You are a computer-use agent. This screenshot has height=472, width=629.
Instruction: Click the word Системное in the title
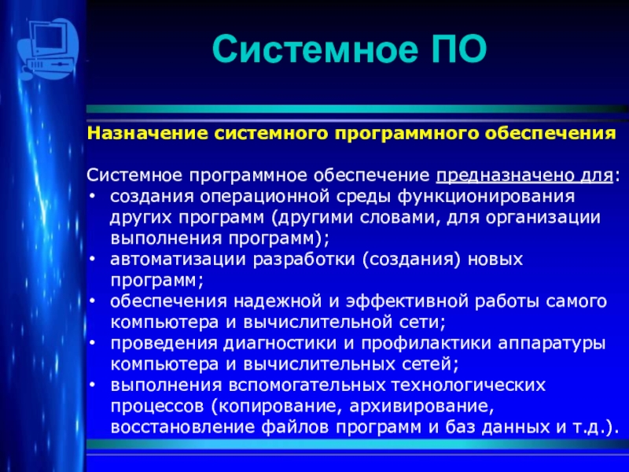point(315,50)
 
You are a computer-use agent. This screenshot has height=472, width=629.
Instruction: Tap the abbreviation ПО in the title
point(459,50)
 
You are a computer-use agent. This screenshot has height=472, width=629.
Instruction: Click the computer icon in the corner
point(48,49)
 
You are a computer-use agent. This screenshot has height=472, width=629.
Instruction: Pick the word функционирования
point(486,197)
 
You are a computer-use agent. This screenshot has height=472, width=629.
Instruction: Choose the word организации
point(543,218)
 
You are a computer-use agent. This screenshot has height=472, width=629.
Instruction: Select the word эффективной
point(407,301)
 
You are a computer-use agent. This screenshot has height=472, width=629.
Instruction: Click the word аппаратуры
point(552,343)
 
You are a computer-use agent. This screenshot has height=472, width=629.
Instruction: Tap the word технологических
point(468,385)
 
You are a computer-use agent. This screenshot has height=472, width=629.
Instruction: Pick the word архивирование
point(421,406)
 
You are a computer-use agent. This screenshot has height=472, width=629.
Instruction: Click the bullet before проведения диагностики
point(93,343)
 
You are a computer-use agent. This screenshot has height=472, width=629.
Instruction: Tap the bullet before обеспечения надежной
point(93,301)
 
